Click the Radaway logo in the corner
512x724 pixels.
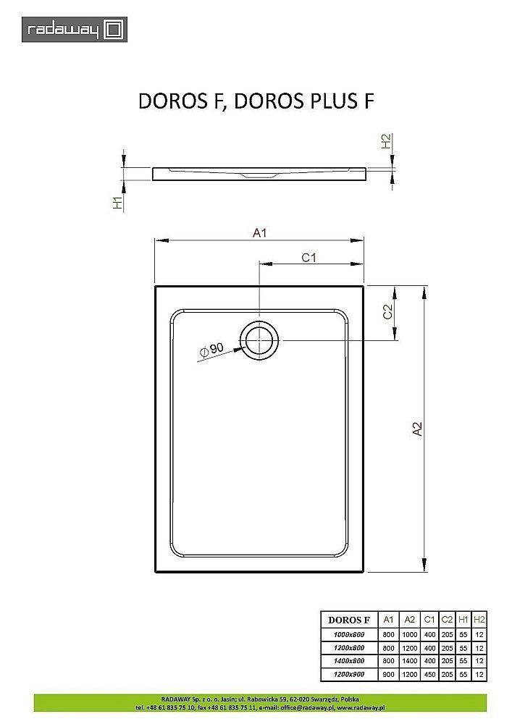(75, 30)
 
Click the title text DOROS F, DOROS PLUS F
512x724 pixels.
(256, 101)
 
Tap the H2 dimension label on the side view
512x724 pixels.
(387, 142)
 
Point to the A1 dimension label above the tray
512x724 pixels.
(260, 232)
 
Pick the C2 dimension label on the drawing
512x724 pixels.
(387, 312)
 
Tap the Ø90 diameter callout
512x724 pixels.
(211, 350)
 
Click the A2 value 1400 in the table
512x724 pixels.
(409, 661)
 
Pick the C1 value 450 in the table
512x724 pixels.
(429, 675)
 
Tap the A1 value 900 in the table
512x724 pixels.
(388, 675)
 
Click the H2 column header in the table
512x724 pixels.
(479, 620)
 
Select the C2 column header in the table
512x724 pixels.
(447, 620)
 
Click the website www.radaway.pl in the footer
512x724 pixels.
(360, 707)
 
